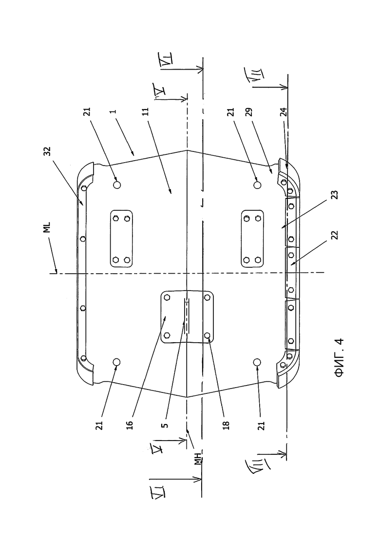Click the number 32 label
coord(48,151)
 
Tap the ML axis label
coord(48,227)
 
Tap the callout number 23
coord(335,195)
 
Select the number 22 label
coord(335,235)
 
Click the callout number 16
coord(130,425)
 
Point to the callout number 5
coord(165,425)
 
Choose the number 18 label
coord(226,425)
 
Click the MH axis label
coord(198,458)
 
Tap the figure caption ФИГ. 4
coord(339,358)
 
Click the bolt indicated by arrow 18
coord(208,334)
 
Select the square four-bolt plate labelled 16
coord(187,316)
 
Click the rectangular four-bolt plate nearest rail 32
coord(121,239)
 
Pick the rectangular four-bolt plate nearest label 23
coord(252,239)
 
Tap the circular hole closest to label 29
coord(257,185)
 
